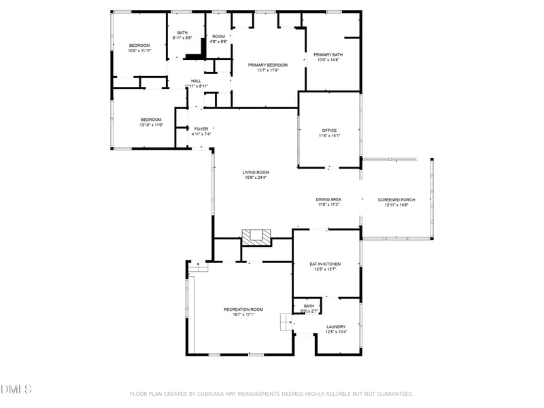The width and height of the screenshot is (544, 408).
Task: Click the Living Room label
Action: point(256,172)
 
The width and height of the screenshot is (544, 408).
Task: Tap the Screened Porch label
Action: point(396,199)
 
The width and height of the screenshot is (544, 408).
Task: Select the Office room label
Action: point(329,131)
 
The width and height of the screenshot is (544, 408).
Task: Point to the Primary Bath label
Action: point(328,54)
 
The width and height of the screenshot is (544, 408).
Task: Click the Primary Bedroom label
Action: point(268,65)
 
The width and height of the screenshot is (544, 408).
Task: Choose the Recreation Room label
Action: point(243,309)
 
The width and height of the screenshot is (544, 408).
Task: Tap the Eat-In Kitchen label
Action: point(325,264)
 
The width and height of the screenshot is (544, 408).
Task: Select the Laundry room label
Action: point(336,326)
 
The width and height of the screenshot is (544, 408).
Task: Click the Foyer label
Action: point(201,129)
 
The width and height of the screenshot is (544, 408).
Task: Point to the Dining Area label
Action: point(328,199)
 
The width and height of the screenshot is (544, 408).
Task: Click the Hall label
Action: point(196,81)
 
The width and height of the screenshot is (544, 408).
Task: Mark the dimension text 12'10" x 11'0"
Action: point(151,125)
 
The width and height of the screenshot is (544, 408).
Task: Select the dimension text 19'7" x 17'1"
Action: point(243,315)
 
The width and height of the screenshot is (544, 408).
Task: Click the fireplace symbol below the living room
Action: point(256,237)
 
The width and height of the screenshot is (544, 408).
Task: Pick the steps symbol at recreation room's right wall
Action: point(285,322)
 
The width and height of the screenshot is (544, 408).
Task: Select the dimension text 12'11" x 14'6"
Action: point(396,205)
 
